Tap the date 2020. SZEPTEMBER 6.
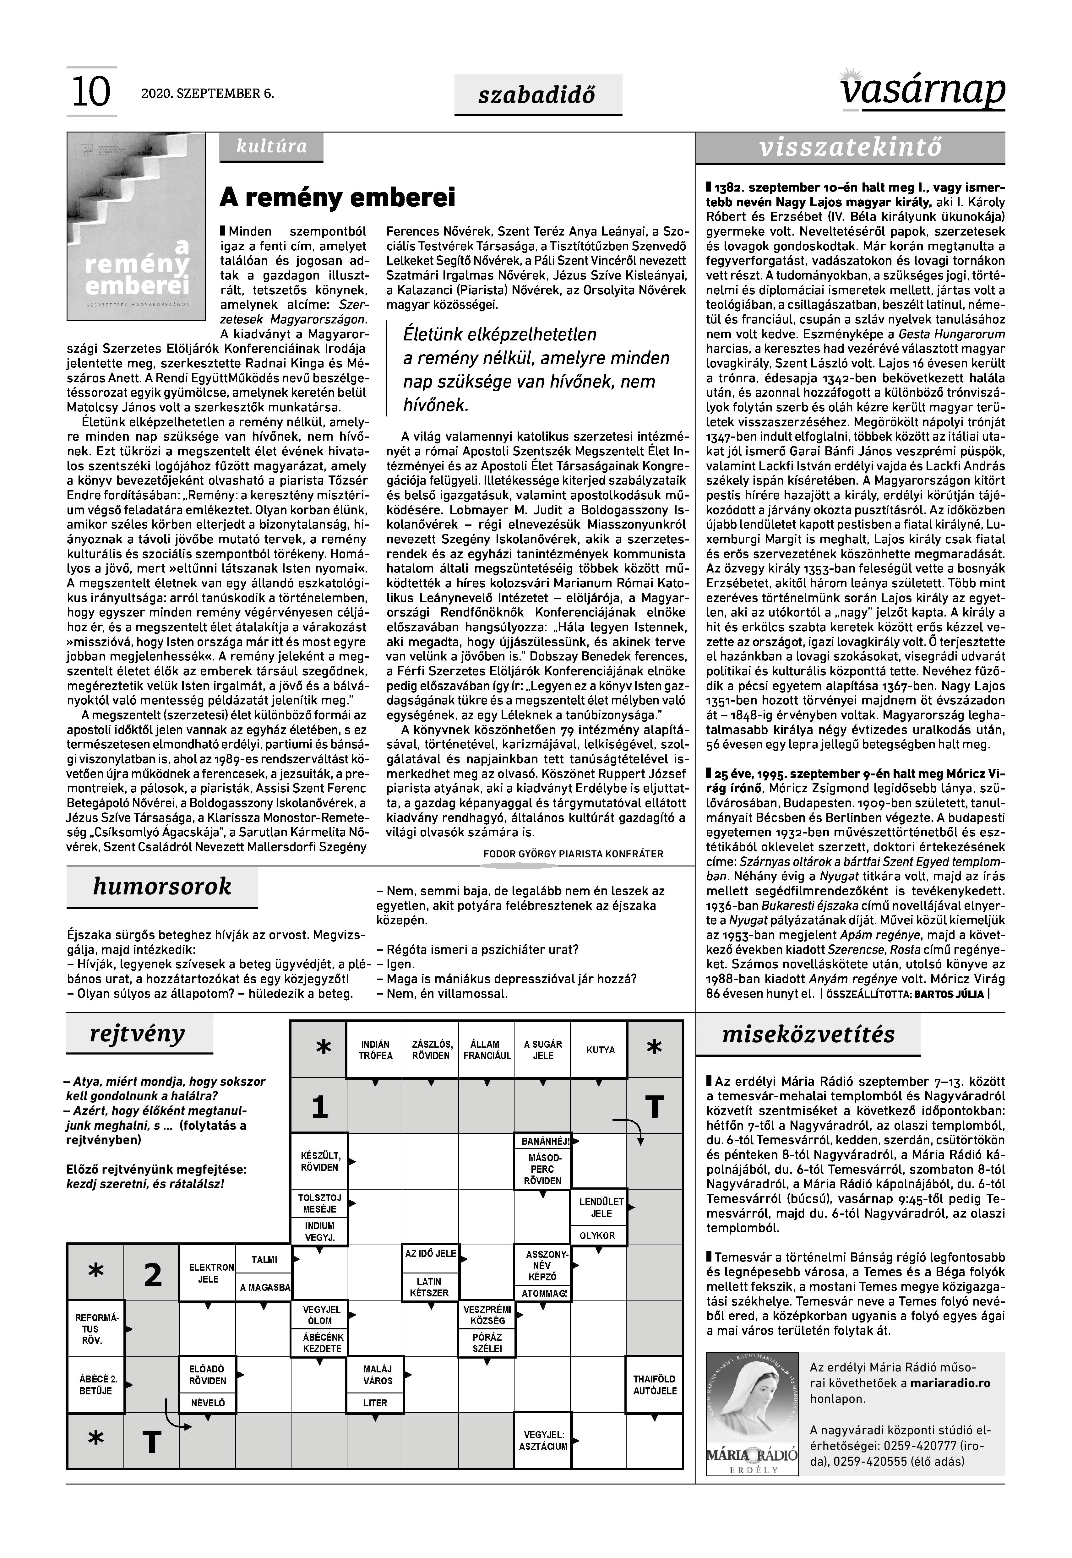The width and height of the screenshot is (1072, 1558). coord(208,93)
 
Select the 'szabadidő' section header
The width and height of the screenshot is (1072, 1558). coord(537,95)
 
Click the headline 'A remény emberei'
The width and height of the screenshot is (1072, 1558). coord(338,198)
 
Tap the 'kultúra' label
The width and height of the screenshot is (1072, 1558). coord(271,146)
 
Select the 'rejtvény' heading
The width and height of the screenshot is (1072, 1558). coord(138,1034)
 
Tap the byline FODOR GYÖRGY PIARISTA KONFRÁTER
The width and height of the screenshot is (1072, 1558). coord(573,854)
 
